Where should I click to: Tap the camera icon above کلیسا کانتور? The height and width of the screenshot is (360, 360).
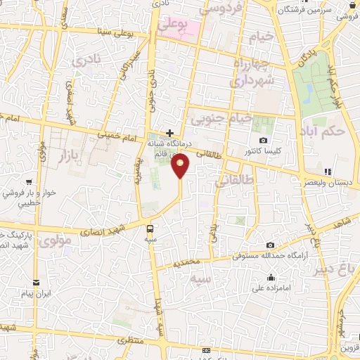(263, 141)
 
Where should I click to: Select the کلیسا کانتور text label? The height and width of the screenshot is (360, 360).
(263, 151)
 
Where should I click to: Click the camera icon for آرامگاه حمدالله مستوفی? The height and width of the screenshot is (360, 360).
(271, 245)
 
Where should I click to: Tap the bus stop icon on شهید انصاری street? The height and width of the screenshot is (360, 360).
(150, 228)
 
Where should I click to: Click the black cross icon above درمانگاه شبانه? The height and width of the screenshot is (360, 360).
(169, 132)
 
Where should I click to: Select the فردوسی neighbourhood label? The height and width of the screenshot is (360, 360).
(221, 8)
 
